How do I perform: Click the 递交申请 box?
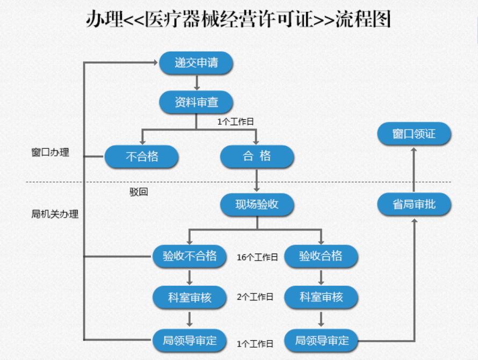(196, 63)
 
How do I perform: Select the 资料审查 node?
(196, 102)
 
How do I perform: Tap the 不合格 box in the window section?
(142, 157)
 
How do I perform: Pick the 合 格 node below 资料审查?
(257, 156)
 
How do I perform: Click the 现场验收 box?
(257, 204)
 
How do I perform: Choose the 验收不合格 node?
(190, 256)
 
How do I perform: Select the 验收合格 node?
(321, 256)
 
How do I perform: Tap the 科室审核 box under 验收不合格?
(190, 297)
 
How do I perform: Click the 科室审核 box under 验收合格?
(321, 297)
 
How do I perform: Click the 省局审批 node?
(414, 204)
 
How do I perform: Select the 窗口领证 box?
(414, 134)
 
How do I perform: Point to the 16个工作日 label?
(257, 257)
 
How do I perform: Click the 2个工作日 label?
(255, 297)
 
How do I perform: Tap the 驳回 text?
(139, 192)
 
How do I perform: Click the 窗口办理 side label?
(50, 153)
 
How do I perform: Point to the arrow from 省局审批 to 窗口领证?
(414, 169)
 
